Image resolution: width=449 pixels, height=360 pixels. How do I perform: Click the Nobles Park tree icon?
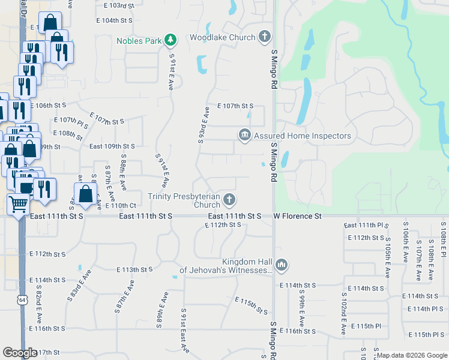[x=171, y=40]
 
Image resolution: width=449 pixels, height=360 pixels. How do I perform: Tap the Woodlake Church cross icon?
[x=264, y=37]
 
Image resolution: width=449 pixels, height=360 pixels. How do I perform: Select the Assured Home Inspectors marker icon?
[x=244, y=136]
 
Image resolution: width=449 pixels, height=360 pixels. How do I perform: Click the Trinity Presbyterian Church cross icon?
[x=229, y=199]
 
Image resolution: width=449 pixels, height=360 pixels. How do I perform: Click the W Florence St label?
[x=298, y=215]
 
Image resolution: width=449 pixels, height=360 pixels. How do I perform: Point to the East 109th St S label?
[x=112, y=146]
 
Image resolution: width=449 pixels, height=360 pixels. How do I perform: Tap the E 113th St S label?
[x=135, y=270]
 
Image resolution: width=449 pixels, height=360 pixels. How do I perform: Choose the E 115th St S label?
[x=251, y=305]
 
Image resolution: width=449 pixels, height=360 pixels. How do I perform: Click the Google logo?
[x=20, y=353]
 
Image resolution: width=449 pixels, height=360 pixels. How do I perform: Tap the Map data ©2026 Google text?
[x=411, y=355]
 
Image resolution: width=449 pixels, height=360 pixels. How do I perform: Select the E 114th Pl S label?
[x=424, y=309]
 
